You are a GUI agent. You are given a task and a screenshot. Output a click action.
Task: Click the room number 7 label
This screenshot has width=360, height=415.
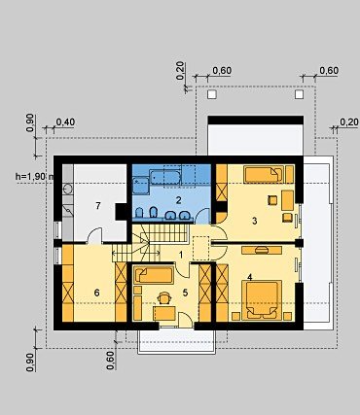[x=98, y=206]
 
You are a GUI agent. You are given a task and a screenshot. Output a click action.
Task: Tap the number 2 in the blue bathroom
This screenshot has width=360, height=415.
[x=178, y=200]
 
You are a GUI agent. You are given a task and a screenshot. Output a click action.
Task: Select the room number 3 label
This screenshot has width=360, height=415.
[x=255, y=221]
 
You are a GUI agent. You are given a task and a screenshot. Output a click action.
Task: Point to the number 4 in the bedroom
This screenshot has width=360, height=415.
[x=249, y=277]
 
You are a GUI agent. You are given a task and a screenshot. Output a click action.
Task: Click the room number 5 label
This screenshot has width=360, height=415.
[x=185, y=293]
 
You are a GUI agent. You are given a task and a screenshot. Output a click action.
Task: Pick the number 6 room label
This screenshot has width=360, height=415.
[x=96, y=293]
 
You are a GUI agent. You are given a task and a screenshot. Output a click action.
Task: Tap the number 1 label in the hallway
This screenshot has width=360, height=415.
[x=181, y=255]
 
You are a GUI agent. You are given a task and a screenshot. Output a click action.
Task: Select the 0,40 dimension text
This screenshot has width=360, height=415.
[x=65, y=122]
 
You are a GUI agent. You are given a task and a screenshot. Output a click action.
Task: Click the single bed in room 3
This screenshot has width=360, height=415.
[x=264, y=174]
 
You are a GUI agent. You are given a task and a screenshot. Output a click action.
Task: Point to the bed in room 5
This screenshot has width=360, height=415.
[x=153, y=276]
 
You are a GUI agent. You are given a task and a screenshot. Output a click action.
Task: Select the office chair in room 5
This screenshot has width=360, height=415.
[x=164, y=298]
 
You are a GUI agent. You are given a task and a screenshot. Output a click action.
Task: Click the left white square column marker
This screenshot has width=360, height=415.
[x=212, y=94]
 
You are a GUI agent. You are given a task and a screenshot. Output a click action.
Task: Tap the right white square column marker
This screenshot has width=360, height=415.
[x=299, y=94]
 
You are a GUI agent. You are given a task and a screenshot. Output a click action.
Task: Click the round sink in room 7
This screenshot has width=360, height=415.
[x=68, y=189]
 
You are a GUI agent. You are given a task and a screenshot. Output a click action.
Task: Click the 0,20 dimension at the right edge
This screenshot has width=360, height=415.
[x=349, y=122]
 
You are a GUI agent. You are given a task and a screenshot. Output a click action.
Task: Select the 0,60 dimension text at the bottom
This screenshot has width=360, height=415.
[x=110, y=361]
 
